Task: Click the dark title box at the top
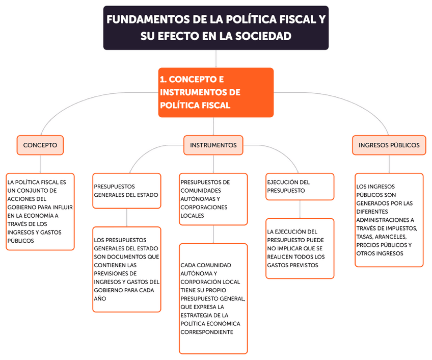pyautogui.click(x=216, y=28)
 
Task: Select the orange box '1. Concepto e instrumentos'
pyautogui.click(x=216, y=92)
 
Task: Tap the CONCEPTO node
pyautogui.click(x=40, y=145)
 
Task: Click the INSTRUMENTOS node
pyautogui.click(x=213, y=145)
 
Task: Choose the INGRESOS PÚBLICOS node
pyautogui.click(x=389, y=145)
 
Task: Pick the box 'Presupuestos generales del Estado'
pyautogui.click(x=126, y=191)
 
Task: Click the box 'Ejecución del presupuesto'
pyautogui.click(x=300, y=187)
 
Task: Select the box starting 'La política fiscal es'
pyautogui.click(x=40, y=211)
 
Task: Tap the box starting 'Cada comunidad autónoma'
pyautogui.click(x=213, y=298)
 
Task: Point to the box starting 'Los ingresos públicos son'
pyautogui.click(x=389, y=220)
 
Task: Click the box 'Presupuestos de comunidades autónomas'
pyautogui.click(x=213, y=199)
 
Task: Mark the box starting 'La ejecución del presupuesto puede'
pyautogui.click(x=300, y=248)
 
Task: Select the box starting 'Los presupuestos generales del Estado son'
pyautogui.click(x=126, y=269)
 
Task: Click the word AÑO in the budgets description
pyautogui.click(x=100, y=298)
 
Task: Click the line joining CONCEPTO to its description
pyautogui.click(x=40, y=164)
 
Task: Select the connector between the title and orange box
pyautogui.click(x=216, y=59)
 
